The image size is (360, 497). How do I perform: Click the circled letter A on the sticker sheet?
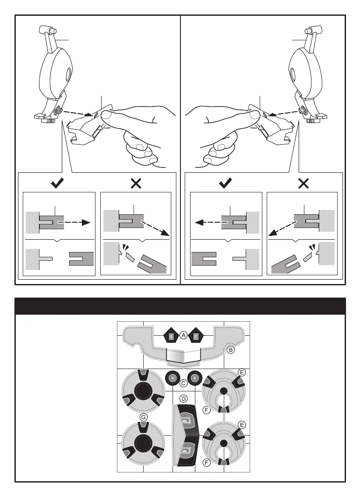point(184,335)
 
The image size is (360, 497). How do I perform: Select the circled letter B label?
point(231,350)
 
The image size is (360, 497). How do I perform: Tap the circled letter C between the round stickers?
point(184,383)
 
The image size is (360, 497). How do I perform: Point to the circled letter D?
point(184,399)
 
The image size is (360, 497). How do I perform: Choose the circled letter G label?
point(143,417)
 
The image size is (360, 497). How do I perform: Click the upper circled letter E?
point(241,372)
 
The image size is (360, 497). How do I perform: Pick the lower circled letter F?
point(207,462)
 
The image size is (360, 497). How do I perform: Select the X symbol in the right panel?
point(303,184)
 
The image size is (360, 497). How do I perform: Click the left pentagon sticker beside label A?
point(171,336)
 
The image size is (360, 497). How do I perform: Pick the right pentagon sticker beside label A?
point(197,336)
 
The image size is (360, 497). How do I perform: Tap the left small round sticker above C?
point(173,377)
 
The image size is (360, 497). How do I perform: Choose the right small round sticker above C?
point(194,377)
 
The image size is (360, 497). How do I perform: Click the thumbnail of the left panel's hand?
point(108,115)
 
